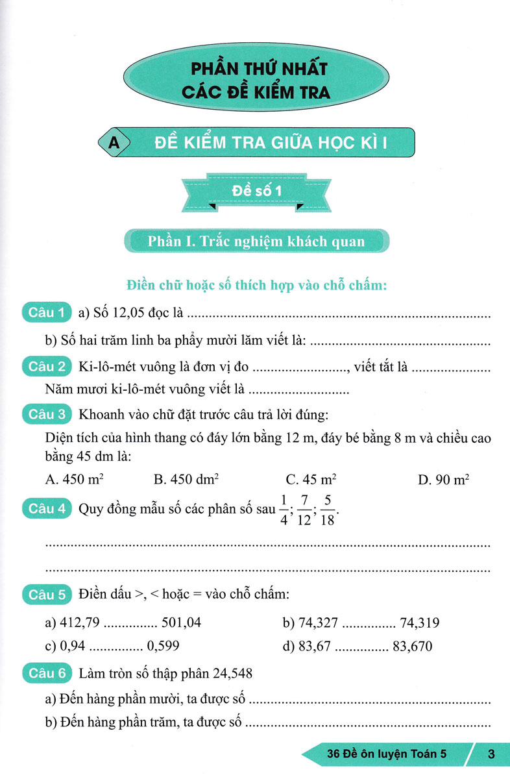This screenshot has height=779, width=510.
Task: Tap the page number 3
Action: point(491,754)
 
